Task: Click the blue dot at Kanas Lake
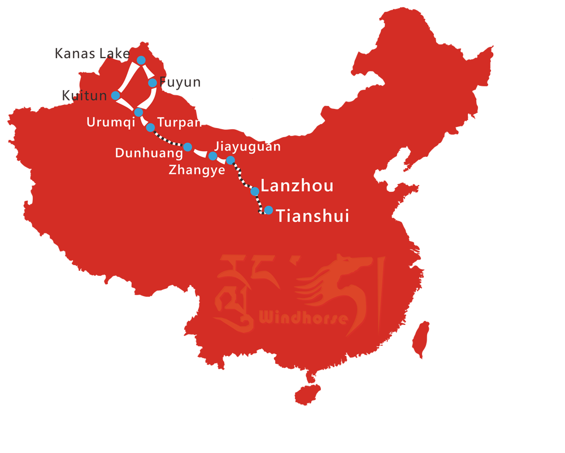pos(141,60)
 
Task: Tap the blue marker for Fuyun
pos(153,83)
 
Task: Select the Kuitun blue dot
pos(116,95)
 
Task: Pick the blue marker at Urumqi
pos(138,112)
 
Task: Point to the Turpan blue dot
pos(150,127)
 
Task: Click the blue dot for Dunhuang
pos(188,147)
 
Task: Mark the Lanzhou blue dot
pos(255,191)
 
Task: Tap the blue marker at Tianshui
pos(269,210)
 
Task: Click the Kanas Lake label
pos(92,54)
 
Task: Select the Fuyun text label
pos(180,82)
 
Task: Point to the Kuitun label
pos(84,96)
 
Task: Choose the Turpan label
pos(180,122)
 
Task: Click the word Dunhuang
pos(149,153)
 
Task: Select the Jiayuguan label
pos(247,147)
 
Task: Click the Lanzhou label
pos(297,186)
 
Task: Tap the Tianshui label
pos(312,216)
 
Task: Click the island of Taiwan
pos(420,340)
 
